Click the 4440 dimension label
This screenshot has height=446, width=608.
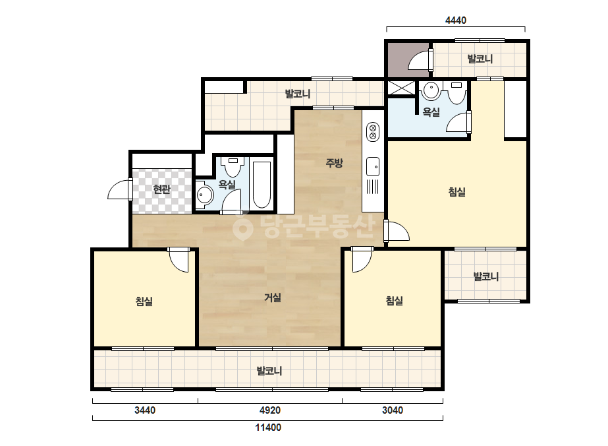click(456, 20)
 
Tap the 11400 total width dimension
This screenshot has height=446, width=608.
click(268, 428)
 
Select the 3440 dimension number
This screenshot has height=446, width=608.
click(145, 410)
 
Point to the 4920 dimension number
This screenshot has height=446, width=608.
click(270, 410)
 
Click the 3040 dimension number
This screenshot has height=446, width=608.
click(393, 410)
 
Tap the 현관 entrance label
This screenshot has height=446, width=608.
click(161, 189)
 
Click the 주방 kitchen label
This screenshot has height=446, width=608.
click(334, 162)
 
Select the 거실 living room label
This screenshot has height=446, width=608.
click(273, 298)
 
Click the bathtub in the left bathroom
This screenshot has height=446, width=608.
click(262, 185)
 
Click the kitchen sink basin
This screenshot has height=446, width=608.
click(373, 166)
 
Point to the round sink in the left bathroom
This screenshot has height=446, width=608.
click(204, 194)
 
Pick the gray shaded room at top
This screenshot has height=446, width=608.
click(408, 59)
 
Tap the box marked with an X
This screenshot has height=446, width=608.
click(401, 88)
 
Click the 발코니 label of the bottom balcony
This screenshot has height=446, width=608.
click(269, 371)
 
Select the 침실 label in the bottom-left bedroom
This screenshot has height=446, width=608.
click(144, 301)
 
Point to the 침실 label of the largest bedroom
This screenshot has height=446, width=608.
click(456, 191)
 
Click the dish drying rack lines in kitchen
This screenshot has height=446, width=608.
click(373, 187)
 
